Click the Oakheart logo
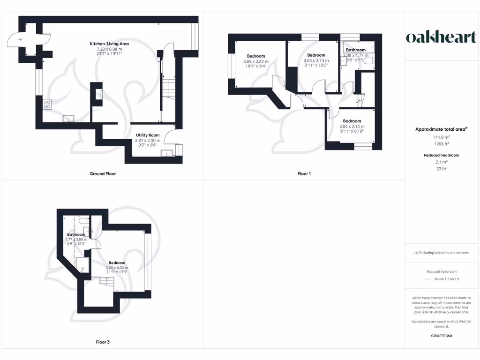pos(441,37)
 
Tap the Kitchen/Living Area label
pos(109,44)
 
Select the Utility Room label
pos(148,135)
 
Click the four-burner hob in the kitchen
pos(47,105)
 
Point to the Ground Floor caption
pos(103,174)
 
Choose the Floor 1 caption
pos(304,174)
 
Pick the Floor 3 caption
pos(102,342)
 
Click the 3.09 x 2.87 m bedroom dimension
pos(256,61)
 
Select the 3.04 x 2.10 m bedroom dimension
pos(352,127)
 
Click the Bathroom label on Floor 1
pos(356,50)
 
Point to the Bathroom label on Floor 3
pos(76,234)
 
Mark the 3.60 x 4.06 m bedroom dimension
pos(117,268)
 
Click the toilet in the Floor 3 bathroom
pos(83,220)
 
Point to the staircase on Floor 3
pos(106,283)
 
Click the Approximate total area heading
pos(441,129)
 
